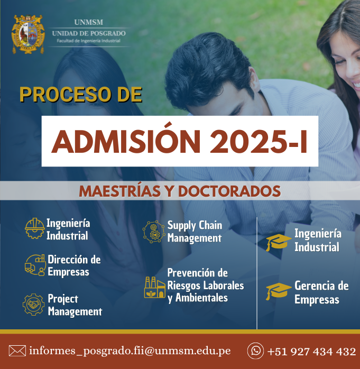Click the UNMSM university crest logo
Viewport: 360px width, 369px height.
pos(28,34)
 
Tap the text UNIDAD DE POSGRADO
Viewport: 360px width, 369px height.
pos(89,33)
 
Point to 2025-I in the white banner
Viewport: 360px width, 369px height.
pos(259,142)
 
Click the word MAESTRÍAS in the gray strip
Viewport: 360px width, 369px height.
pos(120,191)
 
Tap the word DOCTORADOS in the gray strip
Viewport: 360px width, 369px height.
pos(229,191)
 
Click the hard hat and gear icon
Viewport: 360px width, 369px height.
pos(34,228)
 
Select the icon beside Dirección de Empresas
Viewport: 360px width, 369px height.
pos(35,265)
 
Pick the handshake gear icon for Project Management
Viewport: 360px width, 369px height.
pos(34,305)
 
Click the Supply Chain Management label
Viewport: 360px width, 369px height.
pos(195,232)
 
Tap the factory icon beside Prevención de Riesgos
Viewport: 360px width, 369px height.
pos(155,288)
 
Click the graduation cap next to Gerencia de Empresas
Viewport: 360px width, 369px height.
pos(279,291)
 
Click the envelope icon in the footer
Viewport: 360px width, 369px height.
pos(17,351)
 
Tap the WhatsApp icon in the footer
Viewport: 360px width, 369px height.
pos(255,351)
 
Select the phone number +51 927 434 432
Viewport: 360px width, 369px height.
pos(311,352)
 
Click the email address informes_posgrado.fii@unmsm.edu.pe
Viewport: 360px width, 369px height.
pos(130,351)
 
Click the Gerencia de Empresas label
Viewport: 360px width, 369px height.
pos(321,292)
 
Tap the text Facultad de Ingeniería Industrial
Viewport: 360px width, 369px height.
pos(88,41)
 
